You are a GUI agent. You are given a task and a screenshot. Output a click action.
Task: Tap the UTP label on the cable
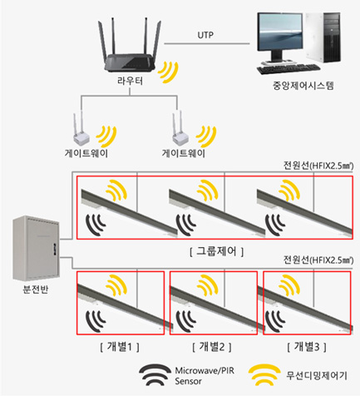pos(205,35)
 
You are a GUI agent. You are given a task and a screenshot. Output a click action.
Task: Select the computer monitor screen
pos(279,32)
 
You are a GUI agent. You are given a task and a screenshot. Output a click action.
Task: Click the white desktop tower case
pos(323,37)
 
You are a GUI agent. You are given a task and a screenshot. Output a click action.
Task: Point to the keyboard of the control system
pos(288,68)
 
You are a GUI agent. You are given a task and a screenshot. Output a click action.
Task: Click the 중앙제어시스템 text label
pos(303,86)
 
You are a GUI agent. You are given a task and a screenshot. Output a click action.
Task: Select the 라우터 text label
pos(130,81)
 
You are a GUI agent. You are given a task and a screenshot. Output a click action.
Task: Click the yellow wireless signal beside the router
pos(168,72)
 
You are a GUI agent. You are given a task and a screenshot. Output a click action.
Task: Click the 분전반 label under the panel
pos(36,290)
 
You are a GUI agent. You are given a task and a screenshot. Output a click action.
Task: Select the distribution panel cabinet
pos(36,248)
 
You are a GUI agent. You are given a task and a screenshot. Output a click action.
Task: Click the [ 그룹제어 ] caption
pos(216,251)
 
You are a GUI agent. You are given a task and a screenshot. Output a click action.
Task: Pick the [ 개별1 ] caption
pos(120,347)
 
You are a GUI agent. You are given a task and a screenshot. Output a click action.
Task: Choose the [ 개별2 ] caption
pos(212,347)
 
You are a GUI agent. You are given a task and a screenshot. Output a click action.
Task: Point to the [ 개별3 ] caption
pos(307,347)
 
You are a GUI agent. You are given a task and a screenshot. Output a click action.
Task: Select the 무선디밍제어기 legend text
pos(317,375)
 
